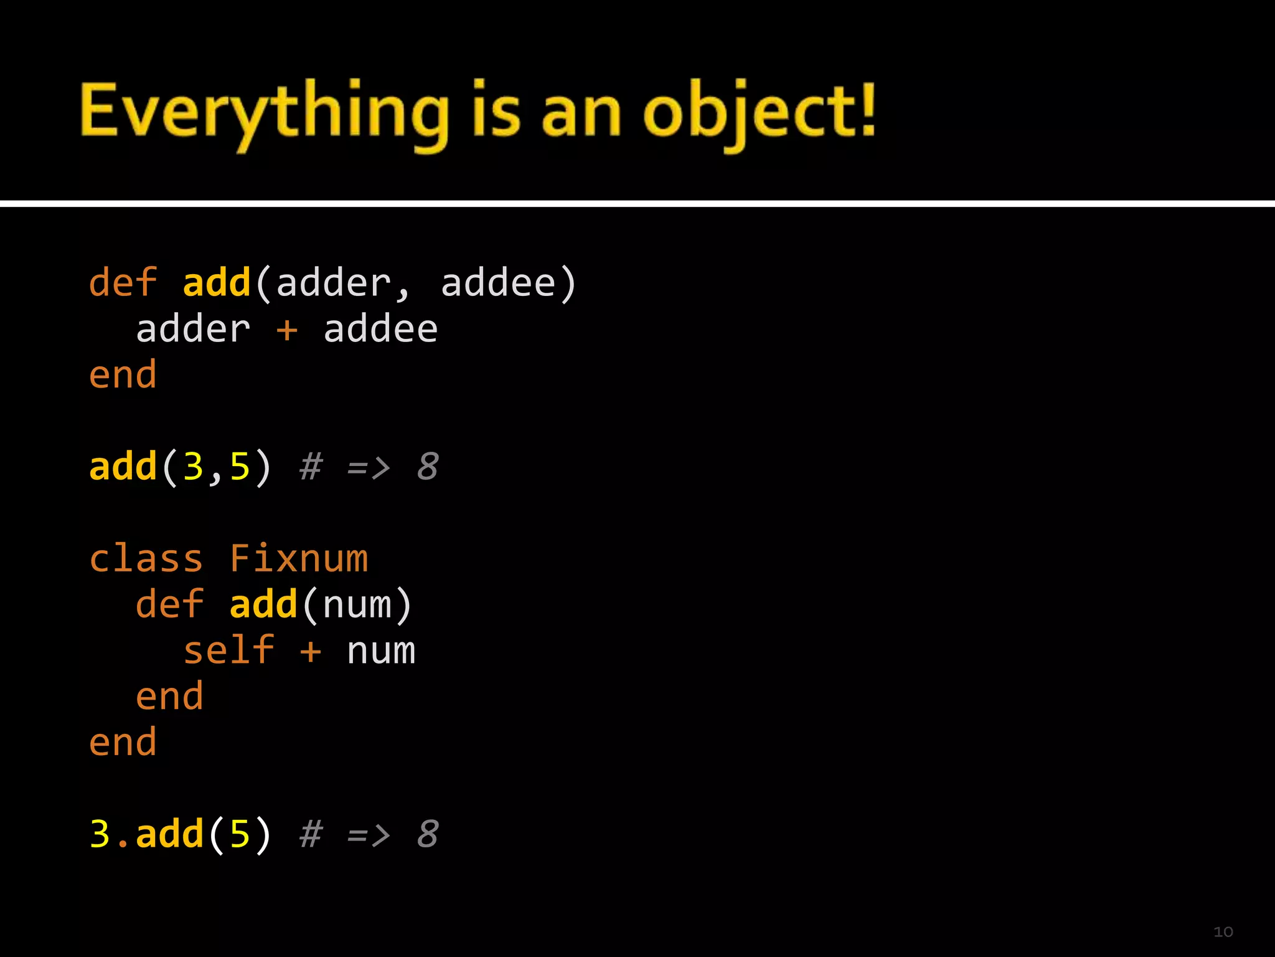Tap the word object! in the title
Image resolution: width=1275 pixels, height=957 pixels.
click(x=760, y=112)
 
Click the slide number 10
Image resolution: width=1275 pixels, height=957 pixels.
click(x=1223, y=932)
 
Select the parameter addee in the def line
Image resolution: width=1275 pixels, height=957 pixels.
click(x=498, y=283)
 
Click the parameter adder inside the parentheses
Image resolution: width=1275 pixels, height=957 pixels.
click(x=333, y=283)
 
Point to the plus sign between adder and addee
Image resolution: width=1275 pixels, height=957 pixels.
click(x=287, y=330)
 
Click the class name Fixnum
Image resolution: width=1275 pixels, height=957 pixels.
click(x=299, y=559)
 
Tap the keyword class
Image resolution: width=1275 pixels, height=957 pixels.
click(x=146, y=559)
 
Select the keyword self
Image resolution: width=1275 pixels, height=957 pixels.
click(x=228, y=651)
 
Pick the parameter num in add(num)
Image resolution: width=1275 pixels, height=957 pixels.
click(x=357, y=605)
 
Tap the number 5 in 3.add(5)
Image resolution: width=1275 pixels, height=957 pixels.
click(x=240, y=834)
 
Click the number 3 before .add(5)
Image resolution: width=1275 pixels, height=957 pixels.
click(x=100, y=834)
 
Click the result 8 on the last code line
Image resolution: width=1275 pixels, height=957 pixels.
click(x=428, y=834)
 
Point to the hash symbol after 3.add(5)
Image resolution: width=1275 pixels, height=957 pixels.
click(x=311, y=834)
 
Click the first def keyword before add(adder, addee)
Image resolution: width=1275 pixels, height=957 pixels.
click(x=123, y=283)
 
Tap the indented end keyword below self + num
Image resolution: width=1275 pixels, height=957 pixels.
click(x=169, y=697)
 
